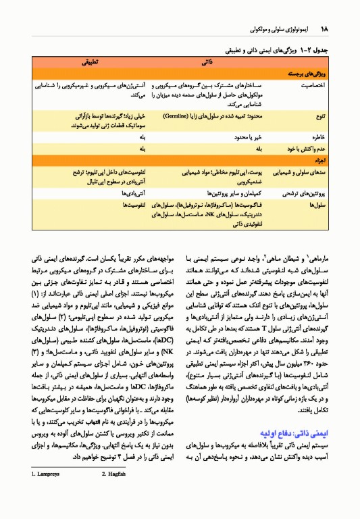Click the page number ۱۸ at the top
click(324, 30)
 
